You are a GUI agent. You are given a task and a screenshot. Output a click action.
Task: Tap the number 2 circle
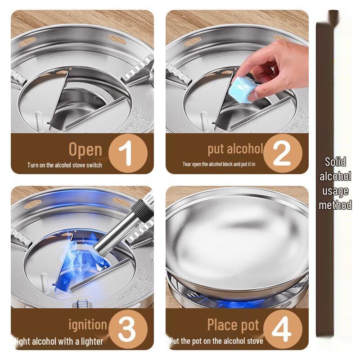tap(282, 153)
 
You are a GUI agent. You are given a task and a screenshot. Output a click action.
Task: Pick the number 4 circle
tap(282, 329)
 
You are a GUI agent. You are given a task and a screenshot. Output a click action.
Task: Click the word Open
tap(85, 149)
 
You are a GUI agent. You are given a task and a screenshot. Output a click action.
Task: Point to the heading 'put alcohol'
tap(235, 149)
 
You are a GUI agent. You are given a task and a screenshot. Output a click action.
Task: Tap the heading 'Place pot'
tap(233, 324)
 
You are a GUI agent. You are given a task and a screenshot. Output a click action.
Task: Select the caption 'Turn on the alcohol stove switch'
tap(64, 165)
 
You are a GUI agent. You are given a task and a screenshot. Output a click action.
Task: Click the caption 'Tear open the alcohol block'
tap(219, 164)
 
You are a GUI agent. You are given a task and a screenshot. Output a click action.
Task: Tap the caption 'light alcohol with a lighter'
tap(59, 342)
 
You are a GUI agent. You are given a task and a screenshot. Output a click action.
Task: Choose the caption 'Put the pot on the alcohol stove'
tap(216, 341)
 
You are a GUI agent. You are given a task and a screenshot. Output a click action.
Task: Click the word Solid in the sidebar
tap(335, 162)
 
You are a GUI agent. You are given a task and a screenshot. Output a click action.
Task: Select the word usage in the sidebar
tap(335, 191)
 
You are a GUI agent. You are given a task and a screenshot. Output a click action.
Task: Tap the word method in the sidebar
tap(335, 205)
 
